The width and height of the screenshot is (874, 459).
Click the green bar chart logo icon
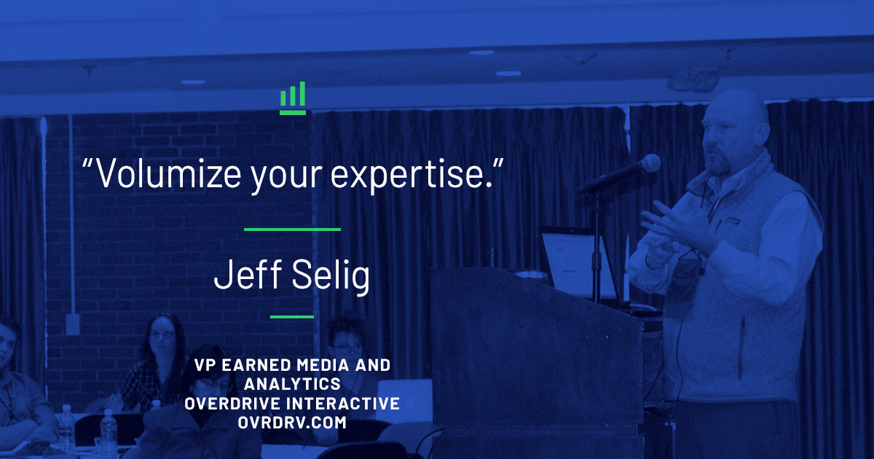[x=293, y=98]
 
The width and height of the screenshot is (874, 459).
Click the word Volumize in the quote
[x=168, y=173]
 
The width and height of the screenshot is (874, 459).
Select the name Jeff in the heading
[x=248, y=273]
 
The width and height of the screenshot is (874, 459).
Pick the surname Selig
[x=331, y=275]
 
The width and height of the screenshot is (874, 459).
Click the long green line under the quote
[x=292, y=229]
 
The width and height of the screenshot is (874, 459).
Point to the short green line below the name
[x=292, y=317]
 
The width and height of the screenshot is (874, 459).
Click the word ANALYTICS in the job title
[x=292, y=384]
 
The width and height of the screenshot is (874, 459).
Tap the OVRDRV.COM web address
[x=292, y=423]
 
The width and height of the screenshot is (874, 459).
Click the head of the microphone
[x=649, y=163]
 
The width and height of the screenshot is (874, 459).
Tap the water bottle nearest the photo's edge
[x=66, y=428]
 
